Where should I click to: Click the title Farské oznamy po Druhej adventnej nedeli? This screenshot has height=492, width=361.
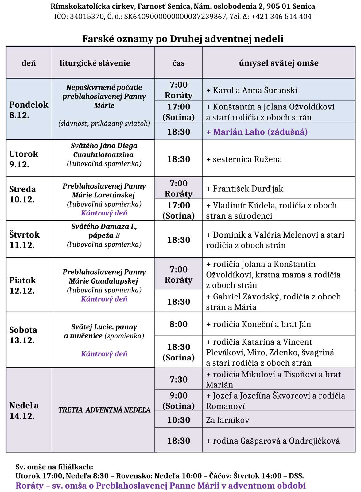pos(183,39)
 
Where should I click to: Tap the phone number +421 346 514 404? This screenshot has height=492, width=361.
pos(281,17)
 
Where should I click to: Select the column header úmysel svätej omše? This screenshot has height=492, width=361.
pos(278,63)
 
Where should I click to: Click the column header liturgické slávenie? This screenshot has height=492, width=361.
pos(95,63)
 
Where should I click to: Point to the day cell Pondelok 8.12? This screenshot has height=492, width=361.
pos(29,110)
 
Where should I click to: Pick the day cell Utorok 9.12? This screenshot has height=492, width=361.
pos(24,159)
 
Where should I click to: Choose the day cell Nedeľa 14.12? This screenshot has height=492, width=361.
pos(24,410)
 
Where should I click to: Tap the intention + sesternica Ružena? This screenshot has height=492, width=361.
pos(244,159)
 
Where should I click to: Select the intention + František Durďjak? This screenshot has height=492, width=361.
pos(245,189)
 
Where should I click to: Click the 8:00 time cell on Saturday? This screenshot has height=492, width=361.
pos(178,324)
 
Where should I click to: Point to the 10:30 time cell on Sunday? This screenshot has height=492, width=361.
pos(178,420)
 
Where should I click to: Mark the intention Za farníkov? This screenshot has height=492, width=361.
pos(227,420)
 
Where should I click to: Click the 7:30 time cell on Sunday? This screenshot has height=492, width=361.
pos(178,379)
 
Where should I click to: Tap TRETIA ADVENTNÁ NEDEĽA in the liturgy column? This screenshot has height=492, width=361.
pos(104,410)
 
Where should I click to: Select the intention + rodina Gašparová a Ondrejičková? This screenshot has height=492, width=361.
pos(273,441)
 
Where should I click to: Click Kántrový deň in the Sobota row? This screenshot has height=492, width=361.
pos(104,354)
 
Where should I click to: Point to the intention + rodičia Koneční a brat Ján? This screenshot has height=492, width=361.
pos(258,324)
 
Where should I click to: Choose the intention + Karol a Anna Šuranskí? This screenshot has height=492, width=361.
pos(252,90)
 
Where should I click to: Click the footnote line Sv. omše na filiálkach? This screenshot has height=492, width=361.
pos(54,467)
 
